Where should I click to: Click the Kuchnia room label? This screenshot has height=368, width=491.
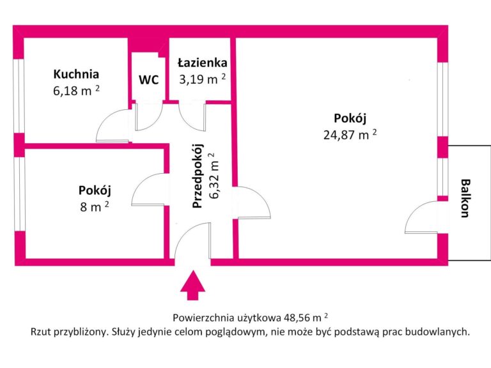(77, 73)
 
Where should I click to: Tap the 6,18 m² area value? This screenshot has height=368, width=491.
(76, 90)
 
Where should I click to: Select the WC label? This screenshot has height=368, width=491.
(149, 80)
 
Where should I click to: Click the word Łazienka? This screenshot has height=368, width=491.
(202, 63)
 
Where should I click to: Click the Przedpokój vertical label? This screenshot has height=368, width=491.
(198, 175)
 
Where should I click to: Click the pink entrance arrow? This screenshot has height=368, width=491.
(191, 285)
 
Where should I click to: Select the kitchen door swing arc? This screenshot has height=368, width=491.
(111, 125)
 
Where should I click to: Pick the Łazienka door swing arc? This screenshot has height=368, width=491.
(191, 115)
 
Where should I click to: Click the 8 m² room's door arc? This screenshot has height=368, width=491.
(146, 190)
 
